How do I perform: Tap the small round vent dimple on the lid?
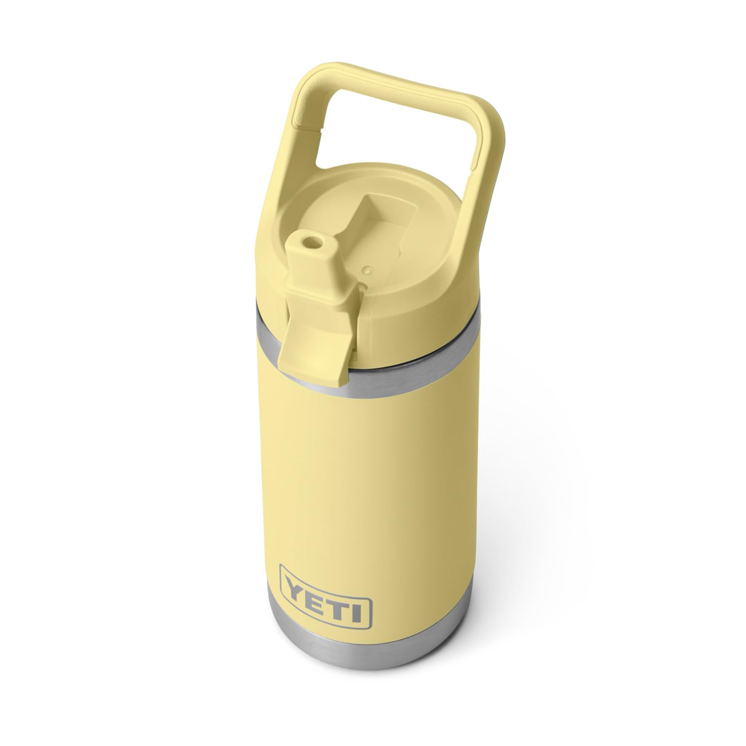coord(367,271)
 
